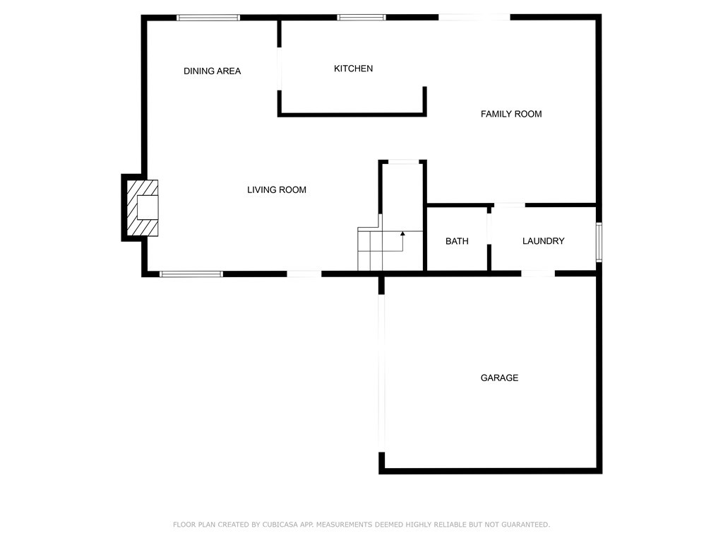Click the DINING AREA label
[x=212, y=71]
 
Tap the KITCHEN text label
[x=353, y=69]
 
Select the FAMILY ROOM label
[x=511, y=114]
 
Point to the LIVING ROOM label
[x=276, y=189]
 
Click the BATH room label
[x=457, y=241]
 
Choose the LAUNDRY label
[x=543, y=241]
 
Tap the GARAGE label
[x=499, y=378]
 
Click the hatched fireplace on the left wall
[x=141, y=207]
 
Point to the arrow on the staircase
[x=402, y=233]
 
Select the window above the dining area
[x=208, y=18]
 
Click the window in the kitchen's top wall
[x=361, y=18]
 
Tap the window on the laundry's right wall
[x=599, y=243]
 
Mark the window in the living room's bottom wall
[x=191, y=274]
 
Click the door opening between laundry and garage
[x=538, y=273]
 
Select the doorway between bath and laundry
[x=489, y=226]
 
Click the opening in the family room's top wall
[x=474, y=18]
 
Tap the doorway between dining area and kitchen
[x=280, y=69]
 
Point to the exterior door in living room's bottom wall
[x=304, y=274]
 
